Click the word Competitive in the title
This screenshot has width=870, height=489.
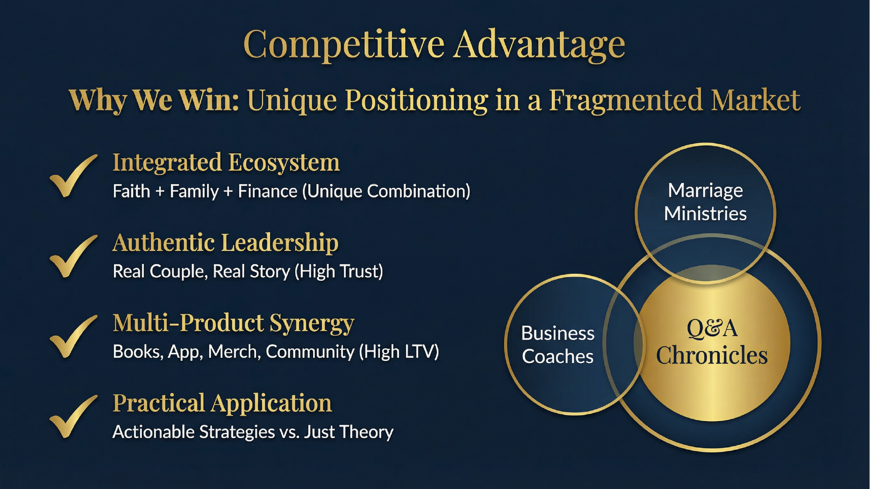click(343, 44)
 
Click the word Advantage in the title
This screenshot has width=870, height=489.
click(539, 44)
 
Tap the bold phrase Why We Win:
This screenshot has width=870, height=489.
click(154, 100)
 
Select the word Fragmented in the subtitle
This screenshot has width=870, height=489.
click(626, 100)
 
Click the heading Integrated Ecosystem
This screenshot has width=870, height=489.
click(226, 163)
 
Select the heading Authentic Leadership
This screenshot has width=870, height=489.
click(225, 243)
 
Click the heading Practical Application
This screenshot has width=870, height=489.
click(222, 403)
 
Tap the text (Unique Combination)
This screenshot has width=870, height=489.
click(386, 191)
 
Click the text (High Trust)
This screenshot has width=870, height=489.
click(339, 271)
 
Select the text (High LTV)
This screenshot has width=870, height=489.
click(399, 352)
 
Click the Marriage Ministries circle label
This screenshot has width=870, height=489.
click(705, 202)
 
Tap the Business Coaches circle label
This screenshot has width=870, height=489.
click(557, 345)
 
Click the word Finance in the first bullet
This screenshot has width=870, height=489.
click(267, 191)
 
